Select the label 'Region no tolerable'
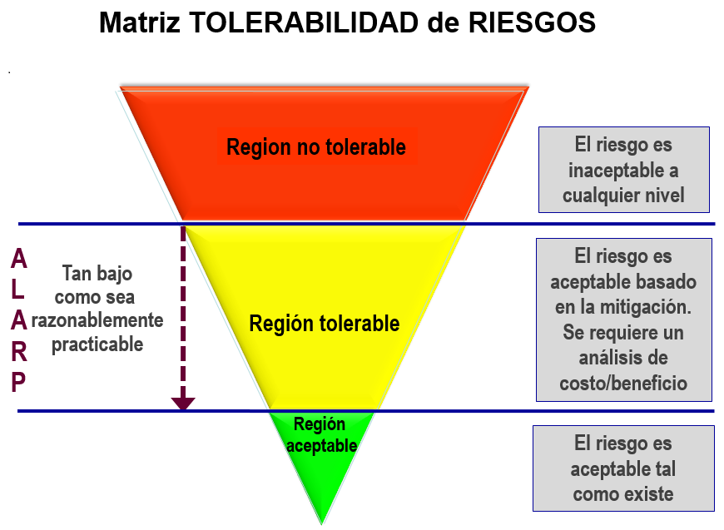[x=316, y=147]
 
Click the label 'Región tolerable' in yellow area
[x=325, y=323]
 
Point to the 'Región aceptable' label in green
[x=321, y=435]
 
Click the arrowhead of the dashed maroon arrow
[x=183, y=404]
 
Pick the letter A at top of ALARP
[x=18, y=260]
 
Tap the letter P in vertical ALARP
[x=18, y=382]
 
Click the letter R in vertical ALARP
[x=18, y=352]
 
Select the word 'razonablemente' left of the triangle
[x=97, y=320]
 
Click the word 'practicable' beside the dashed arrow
[x=97, y=344]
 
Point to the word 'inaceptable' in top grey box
[x=623, y=171]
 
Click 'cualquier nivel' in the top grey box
[x=623, y=196]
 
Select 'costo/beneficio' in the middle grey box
[x=623, y=384]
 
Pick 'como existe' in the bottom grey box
[x=623, y=494]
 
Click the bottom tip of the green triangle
[x=322, y=522]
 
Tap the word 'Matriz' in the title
[x=139, y=22]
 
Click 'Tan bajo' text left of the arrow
[x=97, y=273]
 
